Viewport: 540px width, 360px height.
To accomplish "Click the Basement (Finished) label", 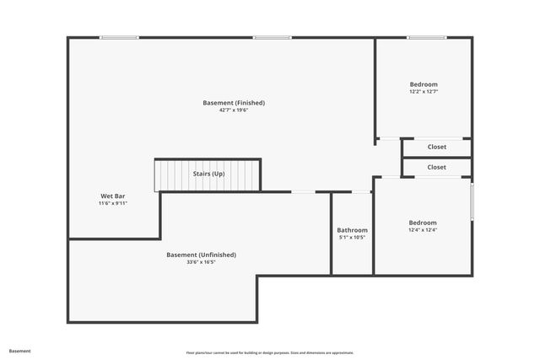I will [234, 103].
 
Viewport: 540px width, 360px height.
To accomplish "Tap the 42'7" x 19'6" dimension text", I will [234, 110].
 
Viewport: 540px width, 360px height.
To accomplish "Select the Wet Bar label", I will [112, 196].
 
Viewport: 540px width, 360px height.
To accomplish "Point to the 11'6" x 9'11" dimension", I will [112, 203].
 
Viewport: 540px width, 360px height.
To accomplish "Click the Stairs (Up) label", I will [209, 174].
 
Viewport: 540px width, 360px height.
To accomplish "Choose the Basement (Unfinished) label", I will [201, 255].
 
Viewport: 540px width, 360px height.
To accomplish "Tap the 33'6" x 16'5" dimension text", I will [201, 262].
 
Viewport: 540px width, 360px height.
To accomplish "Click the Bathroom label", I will [352, 230].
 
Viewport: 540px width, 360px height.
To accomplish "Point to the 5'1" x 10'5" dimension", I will [352, 238].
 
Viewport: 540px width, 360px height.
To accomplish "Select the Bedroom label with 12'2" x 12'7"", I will [424, 84].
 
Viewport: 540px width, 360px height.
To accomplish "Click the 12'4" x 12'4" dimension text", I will [423, 230].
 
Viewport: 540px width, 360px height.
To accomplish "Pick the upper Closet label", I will [436, 147].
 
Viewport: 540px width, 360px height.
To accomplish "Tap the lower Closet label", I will [436, 167].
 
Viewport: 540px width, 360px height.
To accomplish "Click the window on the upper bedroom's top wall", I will [427, 37].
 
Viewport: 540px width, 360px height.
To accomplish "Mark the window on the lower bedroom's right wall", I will [472, 202].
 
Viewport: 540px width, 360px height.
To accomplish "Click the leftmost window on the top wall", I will [119, 37].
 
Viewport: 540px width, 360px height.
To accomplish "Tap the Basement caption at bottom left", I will [19, 351].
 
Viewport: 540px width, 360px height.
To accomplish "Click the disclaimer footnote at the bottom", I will [270, 352].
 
